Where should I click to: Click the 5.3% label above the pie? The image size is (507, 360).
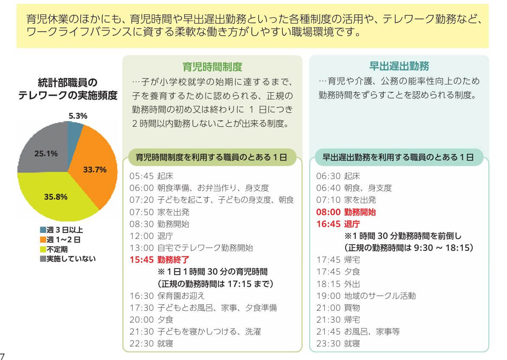tap(78, 116)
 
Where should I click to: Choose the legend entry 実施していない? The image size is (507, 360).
tap(70, 258)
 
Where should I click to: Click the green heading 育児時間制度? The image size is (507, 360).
tap(212, 66)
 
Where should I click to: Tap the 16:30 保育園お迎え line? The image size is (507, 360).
tap(168, 295)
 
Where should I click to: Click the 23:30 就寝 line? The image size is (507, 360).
tap(338, 343)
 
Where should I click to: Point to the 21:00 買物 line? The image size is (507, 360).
tap(338, 307)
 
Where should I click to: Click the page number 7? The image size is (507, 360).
tap(3, 356)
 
